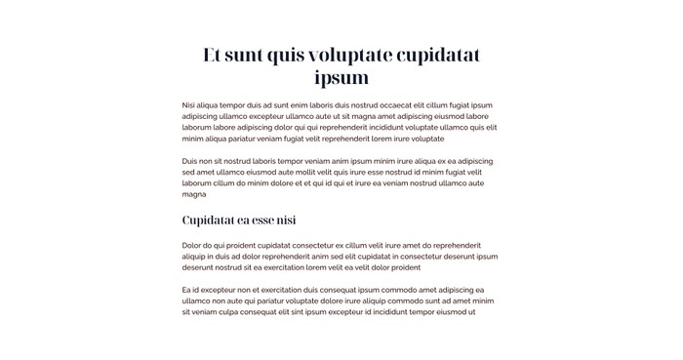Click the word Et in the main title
coord(214,55)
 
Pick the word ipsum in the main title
coord(341,77)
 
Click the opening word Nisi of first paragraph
coord(189,105)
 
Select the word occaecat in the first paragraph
coord(379,105)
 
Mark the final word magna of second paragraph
coord(194,194)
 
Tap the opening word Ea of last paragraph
coord(186,290)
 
